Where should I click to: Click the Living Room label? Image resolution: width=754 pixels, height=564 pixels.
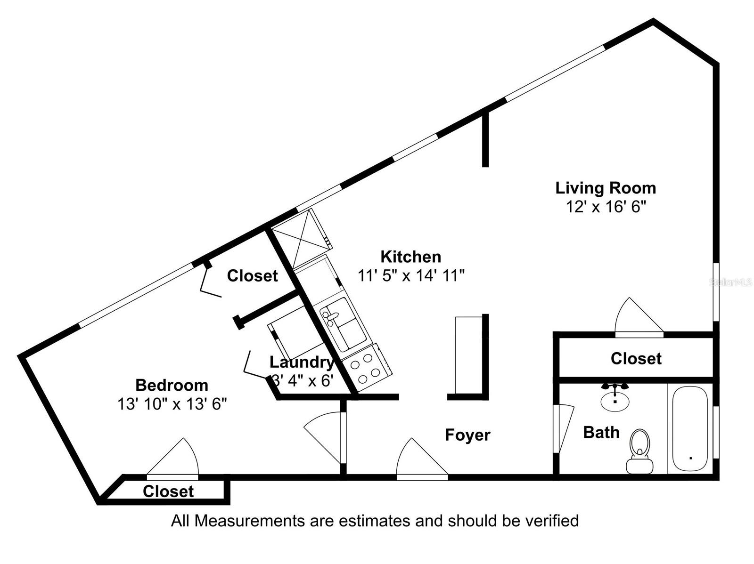click(605, 188)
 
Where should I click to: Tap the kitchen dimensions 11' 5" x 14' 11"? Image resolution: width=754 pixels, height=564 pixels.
click(411, 275)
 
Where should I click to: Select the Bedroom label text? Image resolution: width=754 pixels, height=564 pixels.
click(172, 385)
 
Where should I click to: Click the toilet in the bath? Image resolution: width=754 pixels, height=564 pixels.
click(639, 451)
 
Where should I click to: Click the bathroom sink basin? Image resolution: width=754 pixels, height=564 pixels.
click(615, 401)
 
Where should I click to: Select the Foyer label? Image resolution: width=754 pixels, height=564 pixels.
click(467, 435)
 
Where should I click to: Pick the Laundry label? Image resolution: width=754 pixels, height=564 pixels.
click(302, 362)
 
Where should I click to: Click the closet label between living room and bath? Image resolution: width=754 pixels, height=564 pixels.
click(636, 359)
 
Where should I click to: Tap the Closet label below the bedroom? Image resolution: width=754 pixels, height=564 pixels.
click(168, 491)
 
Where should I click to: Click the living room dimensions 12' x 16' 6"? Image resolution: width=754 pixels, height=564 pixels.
click(605, 207)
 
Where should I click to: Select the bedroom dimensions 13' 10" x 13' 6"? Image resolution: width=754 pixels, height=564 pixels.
click(172, 404)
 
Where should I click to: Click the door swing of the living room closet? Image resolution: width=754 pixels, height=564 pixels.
click(636, 318)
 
